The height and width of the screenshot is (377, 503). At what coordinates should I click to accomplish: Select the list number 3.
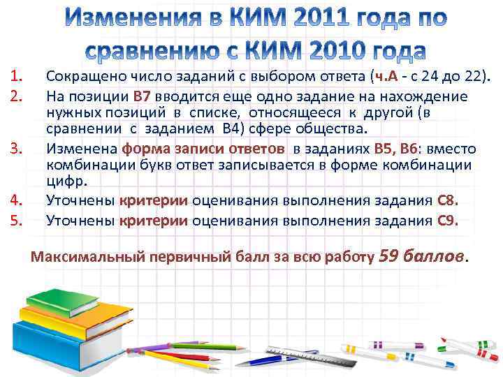(20, 148)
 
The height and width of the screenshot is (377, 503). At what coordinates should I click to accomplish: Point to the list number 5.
(20, 221)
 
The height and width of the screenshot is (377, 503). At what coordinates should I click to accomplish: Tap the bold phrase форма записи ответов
(203, 148)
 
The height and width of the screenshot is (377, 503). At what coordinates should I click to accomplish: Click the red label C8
(447, 201)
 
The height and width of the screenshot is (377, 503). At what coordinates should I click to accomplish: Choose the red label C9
(447, 221)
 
